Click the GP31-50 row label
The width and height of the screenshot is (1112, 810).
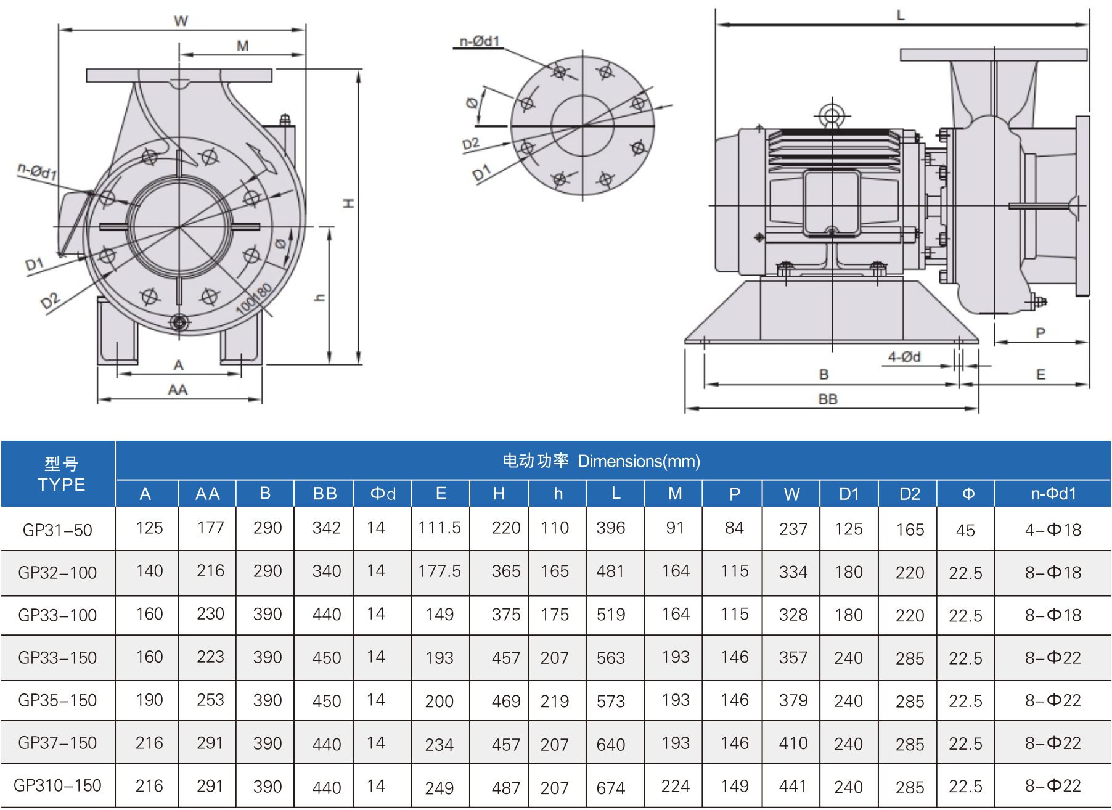pos(57,530)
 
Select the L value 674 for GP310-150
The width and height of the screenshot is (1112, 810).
pos(611,788)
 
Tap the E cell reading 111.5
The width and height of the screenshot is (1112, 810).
pos(439,528)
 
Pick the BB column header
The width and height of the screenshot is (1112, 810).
pos(325,494)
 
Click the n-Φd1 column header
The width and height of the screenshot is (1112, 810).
pos(1053,494)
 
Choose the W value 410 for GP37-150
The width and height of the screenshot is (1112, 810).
pos(793,743)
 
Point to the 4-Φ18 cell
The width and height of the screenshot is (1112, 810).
pos(1053,530)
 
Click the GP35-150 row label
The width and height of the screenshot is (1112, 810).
pos(57,700)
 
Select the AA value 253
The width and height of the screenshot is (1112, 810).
pos(210,700)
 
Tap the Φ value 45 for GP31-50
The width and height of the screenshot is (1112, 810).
pos(965,531)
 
